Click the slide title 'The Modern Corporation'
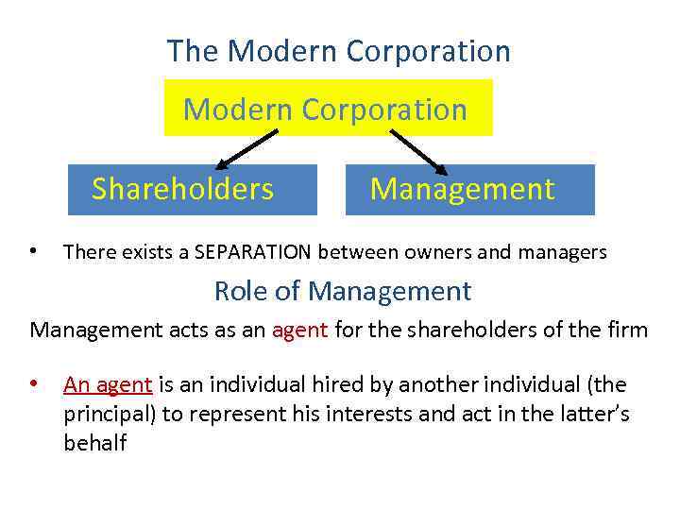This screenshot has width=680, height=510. coord(338,51)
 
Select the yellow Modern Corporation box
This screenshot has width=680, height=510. coord(328,109)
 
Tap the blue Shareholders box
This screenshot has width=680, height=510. coord(182,190)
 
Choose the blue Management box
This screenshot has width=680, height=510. coord(469,190)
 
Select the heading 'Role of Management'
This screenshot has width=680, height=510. coord(342,291)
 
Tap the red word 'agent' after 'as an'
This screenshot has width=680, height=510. coord(300,331)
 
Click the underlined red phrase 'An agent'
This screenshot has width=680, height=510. coord(108,384)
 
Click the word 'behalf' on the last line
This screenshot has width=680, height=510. coord(94,443)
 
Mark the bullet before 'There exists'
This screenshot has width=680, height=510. coord(33,252)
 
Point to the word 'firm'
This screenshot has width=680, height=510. coord(629,331)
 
